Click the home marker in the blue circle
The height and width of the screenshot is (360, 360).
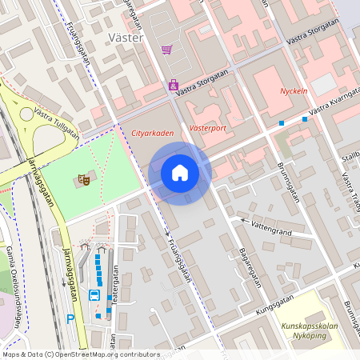point(180,173)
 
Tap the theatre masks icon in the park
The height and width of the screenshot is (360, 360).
point(82,181)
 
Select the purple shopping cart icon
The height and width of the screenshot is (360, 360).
point(166,50)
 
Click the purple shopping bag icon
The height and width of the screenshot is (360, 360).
point(173,85)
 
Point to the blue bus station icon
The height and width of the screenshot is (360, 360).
point(94,295)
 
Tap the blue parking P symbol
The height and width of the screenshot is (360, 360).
point(70,319)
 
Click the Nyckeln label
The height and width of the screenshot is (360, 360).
point(294,91)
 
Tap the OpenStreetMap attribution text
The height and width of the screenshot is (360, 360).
point(80,354)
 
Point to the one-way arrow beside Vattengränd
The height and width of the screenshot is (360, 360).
point(243,219)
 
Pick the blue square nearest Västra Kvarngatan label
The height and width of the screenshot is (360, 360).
point(305,119)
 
